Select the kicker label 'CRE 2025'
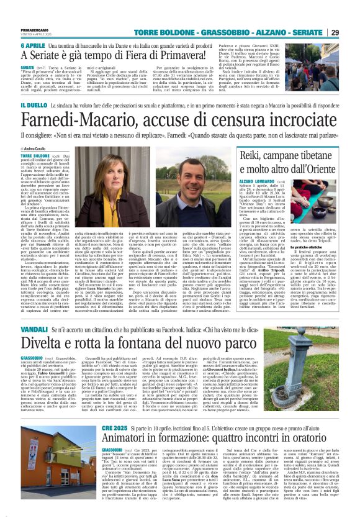coord(117,428)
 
